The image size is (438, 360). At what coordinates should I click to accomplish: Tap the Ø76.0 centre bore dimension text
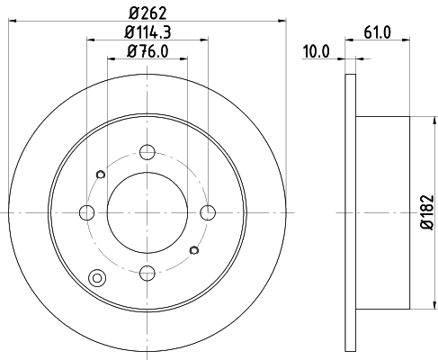(147, 51)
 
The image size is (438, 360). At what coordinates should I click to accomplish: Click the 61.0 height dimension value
(379, 33)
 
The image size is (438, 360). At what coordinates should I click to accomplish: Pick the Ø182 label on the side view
(426, 211)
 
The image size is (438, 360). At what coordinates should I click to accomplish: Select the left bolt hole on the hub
(87, 212)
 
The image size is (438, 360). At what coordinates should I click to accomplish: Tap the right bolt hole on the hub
(209, 212)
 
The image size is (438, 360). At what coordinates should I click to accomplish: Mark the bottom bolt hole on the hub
(147, 273)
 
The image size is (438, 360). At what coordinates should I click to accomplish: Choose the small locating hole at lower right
(195, 249)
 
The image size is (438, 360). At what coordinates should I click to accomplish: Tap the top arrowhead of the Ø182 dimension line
(414, 121)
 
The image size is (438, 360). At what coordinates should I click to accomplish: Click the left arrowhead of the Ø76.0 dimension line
(110, 60)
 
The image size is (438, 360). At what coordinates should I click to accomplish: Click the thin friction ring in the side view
(351, 211)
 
